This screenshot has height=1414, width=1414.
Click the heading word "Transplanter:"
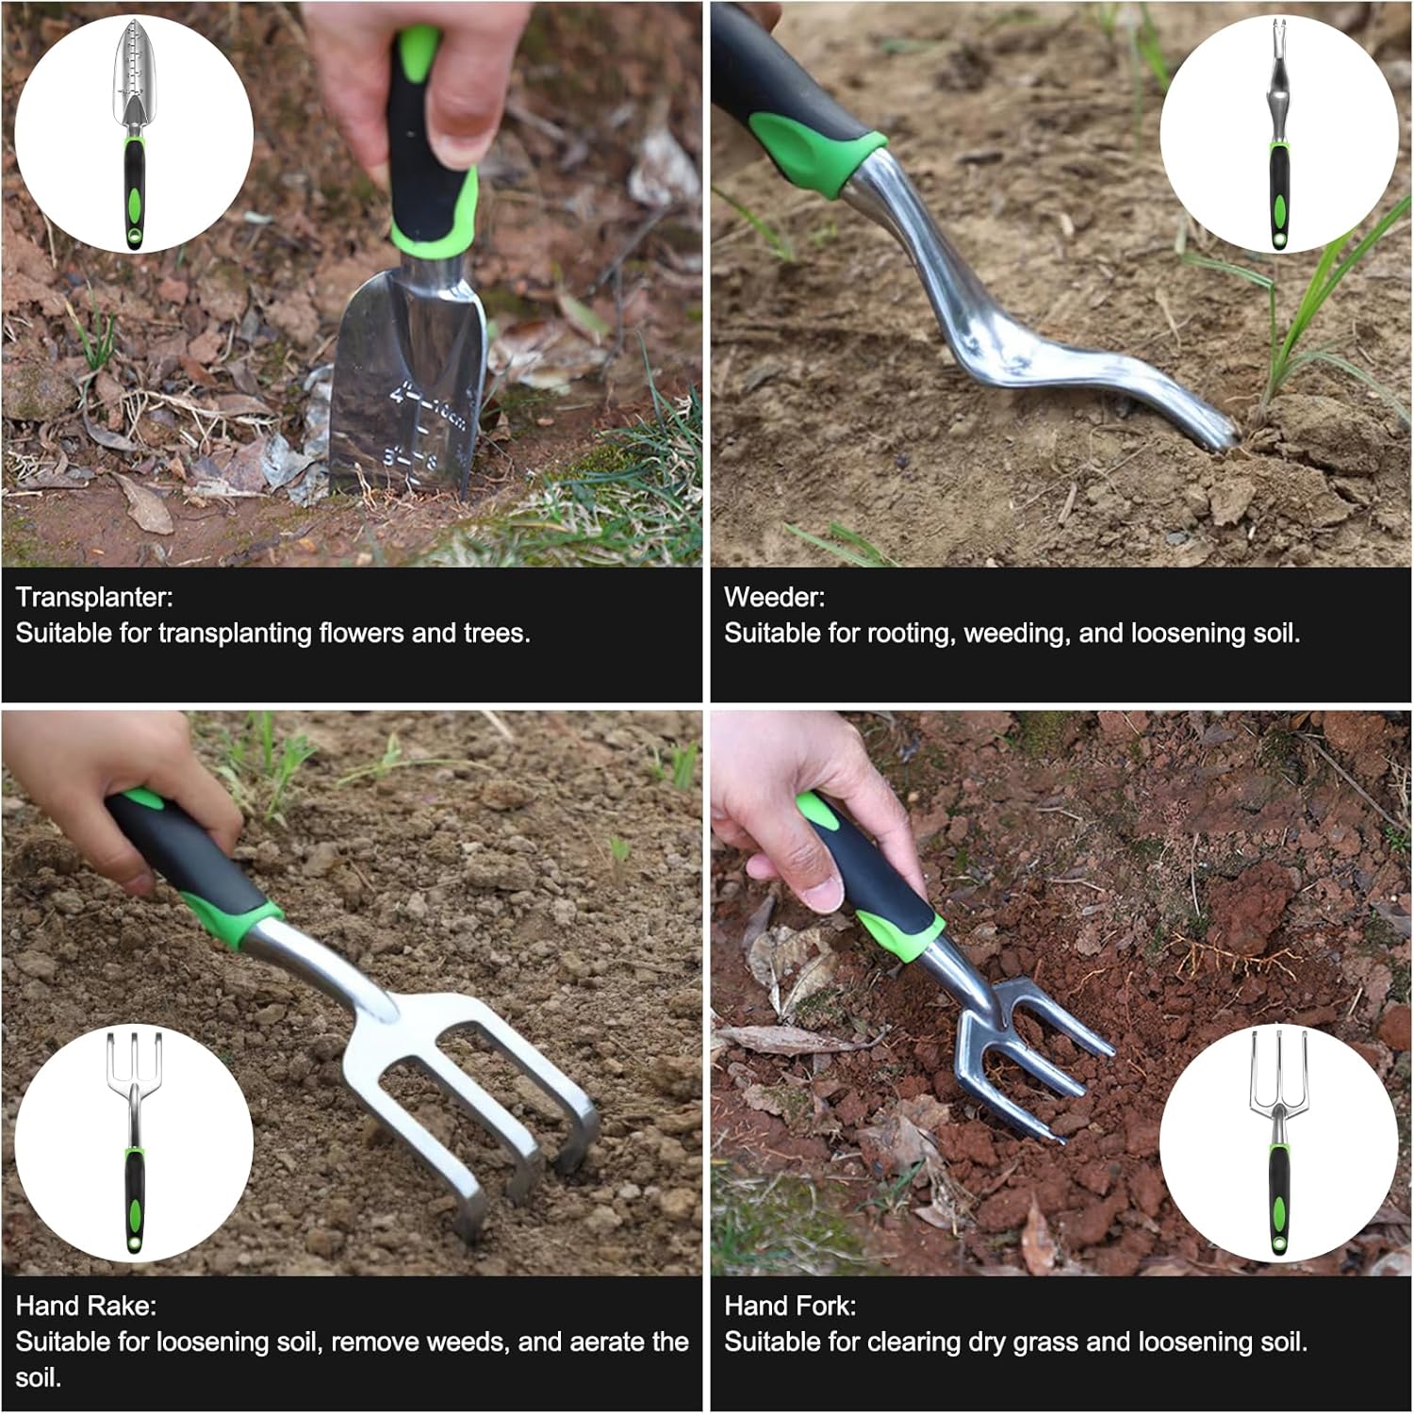click(94, 597)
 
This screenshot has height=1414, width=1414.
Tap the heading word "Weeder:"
click(774, 597)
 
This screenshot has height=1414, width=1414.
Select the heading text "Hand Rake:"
click(86, 1306)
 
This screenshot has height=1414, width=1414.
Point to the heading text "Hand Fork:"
click(790, 1306)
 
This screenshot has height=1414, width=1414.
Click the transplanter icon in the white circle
click(134, 134)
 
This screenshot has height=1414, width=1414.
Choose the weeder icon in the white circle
click(1278, 134)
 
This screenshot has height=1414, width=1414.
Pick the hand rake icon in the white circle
click(134, 1143)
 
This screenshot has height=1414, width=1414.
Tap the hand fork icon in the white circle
click(1278, 1143)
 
